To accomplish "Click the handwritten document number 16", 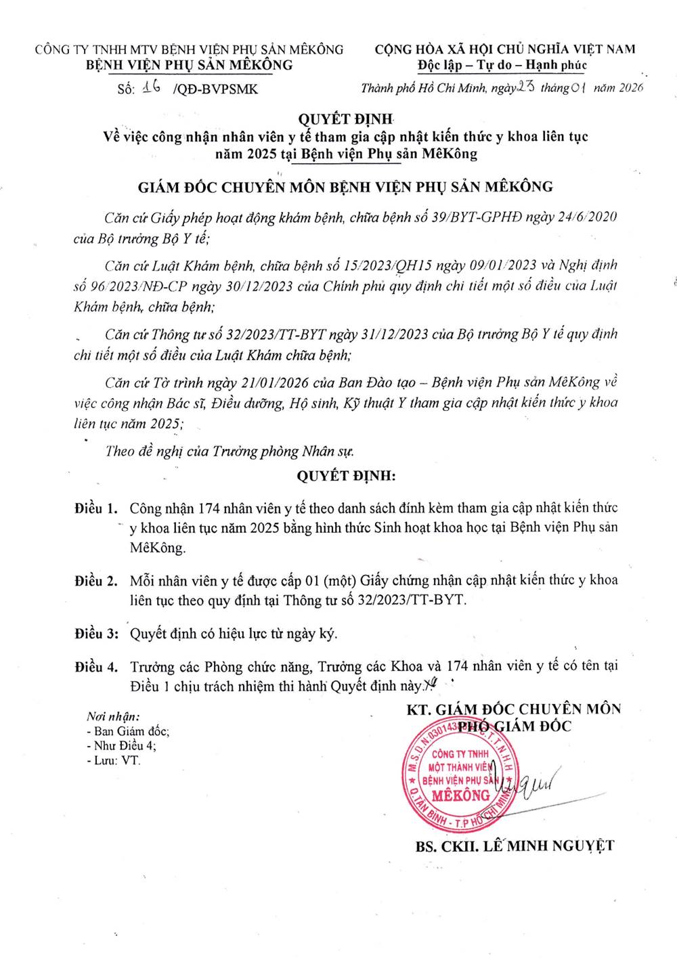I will (x=152, y=87).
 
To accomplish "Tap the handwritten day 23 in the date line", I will (x=526, y=87).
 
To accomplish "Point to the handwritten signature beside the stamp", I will (x=535, y=785).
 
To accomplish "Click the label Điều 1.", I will (x=95, y=508).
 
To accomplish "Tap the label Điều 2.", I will (x=95, y=580).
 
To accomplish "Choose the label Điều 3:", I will (x=96, y=634).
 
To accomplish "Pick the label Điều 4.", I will (x=95, y=666).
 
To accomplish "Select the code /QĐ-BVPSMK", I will (x=215, y=89).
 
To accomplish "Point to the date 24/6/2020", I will (x=586, y=217).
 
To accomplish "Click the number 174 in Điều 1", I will (x=208, y=508).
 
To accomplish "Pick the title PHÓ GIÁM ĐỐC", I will (x=515, y=726).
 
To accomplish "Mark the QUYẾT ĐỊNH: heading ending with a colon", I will (x=346, y=475).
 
